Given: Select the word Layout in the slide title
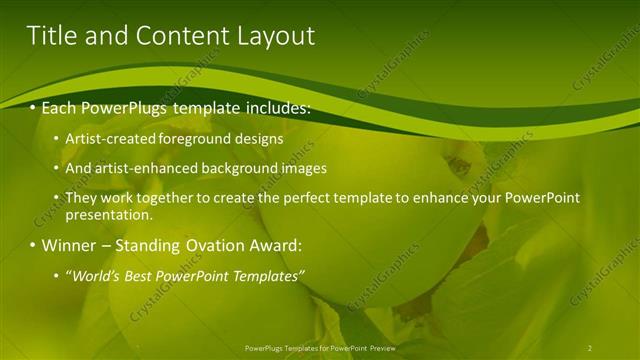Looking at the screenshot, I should coord(276,36).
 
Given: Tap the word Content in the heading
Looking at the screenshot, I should coord(180,36).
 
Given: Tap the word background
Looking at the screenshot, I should coord(236,169).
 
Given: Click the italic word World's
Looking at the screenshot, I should coord(97,275).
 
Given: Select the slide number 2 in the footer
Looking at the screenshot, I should coord(589,348).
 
